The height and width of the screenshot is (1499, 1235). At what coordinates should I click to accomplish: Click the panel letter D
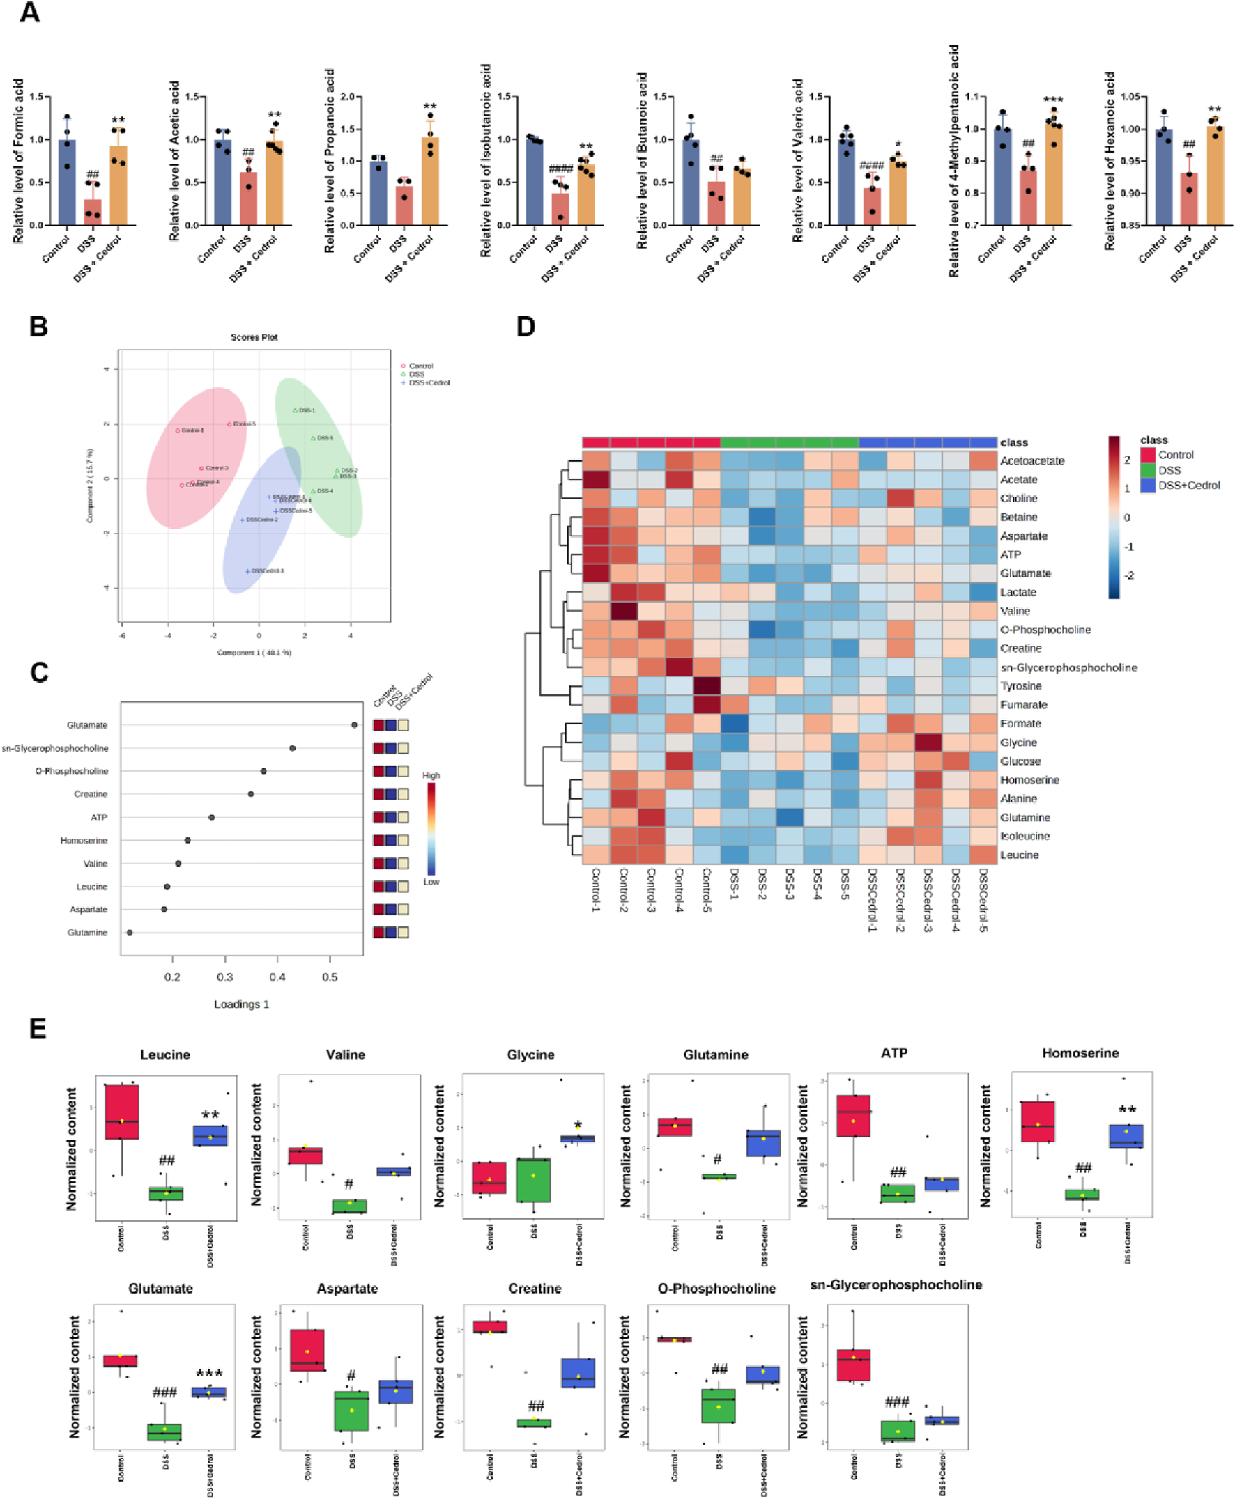[x=525, y=327]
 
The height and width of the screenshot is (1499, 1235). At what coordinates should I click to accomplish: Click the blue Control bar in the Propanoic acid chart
[x=378, y=194]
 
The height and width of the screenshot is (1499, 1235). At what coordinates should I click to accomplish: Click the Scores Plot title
[x=254, y=337]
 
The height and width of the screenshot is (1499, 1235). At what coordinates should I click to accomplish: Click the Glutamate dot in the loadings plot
[x=354, y=724]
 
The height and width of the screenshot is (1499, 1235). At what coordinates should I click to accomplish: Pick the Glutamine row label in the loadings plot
[x=87, y=932]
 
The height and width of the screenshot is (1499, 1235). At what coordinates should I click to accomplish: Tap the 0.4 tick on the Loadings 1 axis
[x=277, y=977]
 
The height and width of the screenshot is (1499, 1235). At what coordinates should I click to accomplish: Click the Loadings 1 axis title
[x=241, y=1004]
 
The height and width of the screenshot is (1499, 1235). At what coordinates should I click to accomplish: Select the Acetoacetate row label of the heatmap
[x=1031, y=461]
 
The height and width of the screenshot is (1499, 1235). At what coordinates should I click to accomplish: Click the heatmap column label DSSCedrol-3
[x=928, y=899]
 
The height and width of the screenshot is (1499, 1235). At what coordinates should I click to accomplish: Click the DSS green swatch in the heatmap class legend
[x=1147, y=470]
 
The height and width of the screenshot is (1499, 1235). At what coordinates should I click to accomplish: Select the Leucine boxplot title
[x=165, y=1055]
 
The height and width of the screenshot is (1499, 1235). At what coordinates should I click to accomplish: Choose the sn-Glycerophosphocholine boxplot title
[x=896, y=1285]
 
